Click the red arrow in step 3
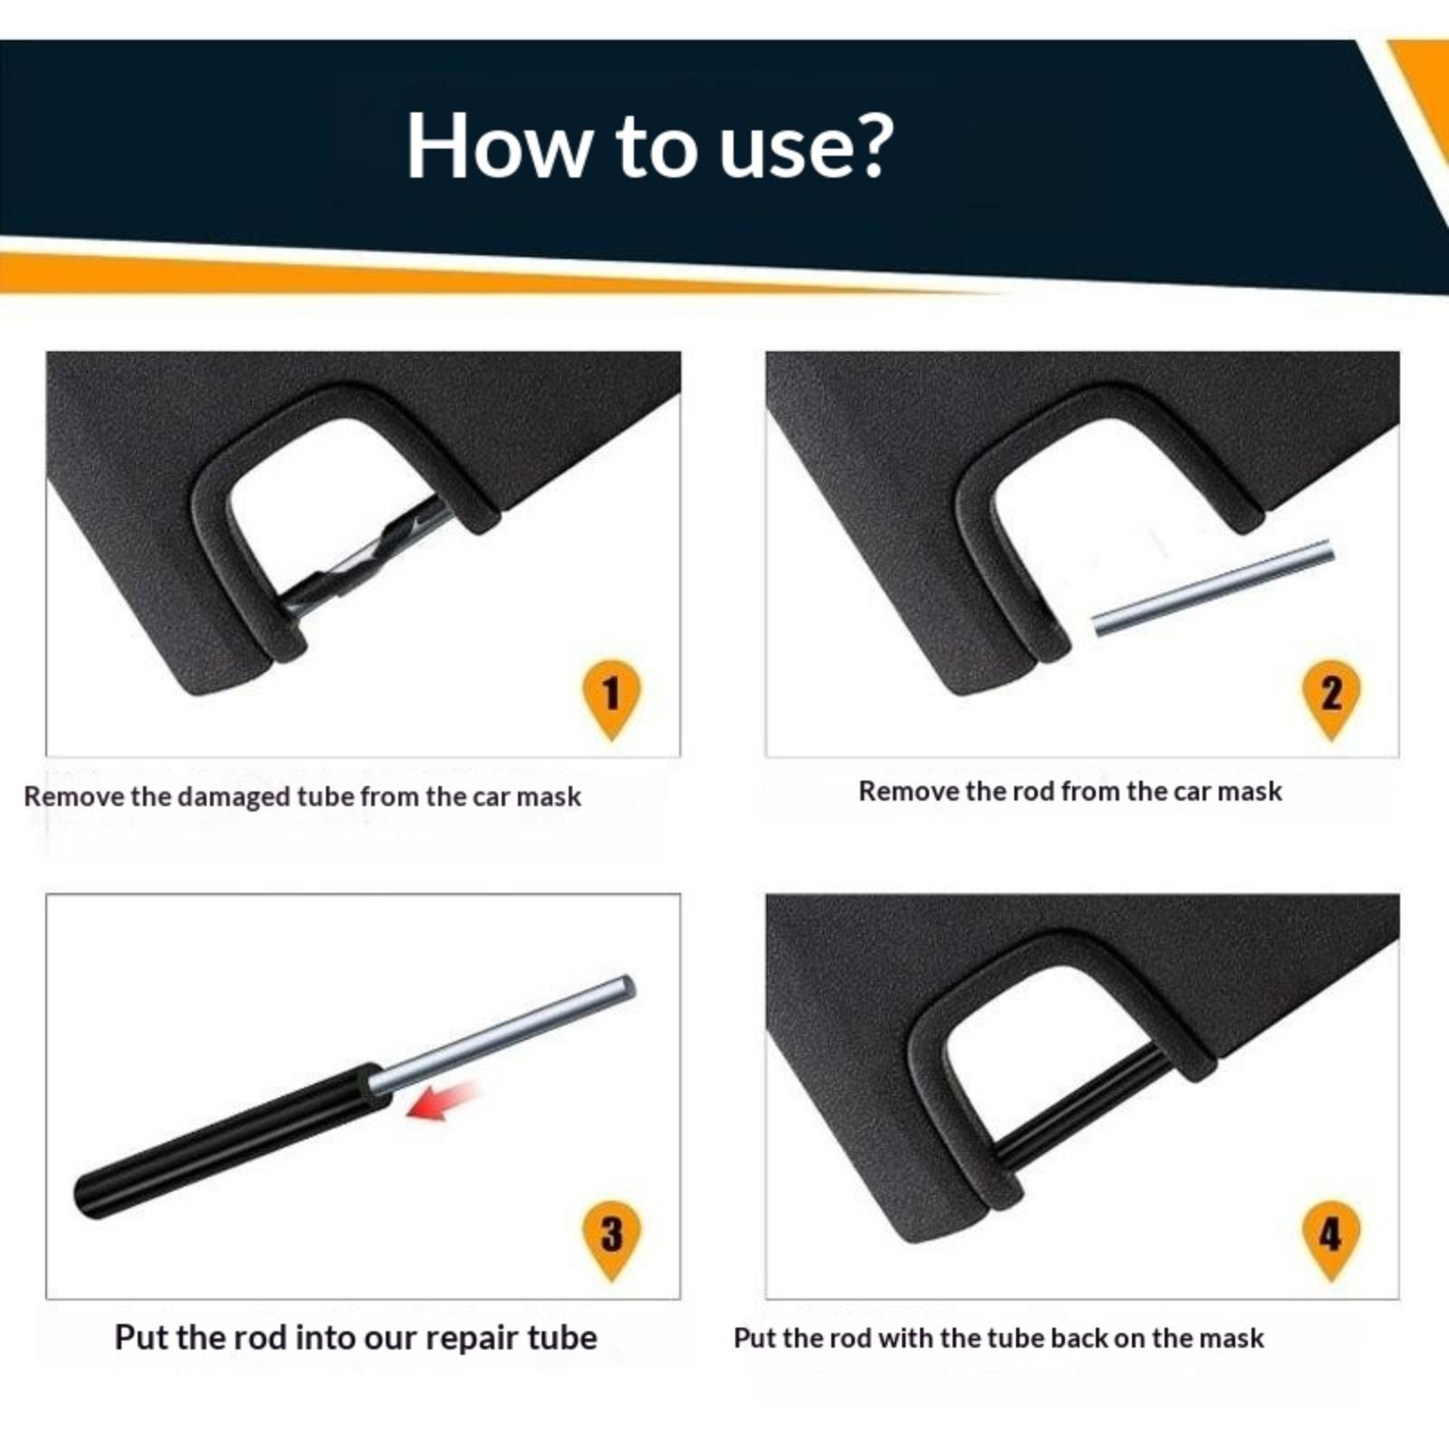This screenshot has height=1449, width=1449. click(x=443, y=1100)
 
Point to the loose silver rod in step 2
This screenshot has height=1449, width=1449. click(x=1213, y=588)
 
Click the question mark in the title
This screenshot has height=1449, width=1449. click(x=871, y=145)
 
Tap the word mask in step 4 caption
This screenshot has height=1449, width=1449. click(x=1231, y=1338)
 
